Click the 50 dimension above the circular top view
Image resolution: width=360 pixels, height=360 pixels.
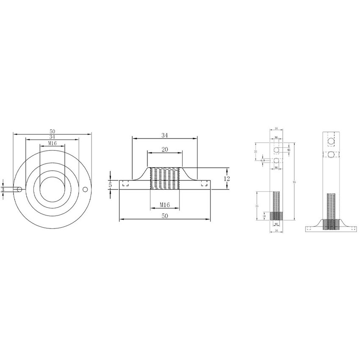point(53,132)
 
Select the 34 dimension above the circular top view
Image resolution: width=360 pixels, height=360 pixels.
point(52,137)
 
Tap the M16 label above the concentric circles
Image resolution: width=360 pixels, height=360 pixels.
point(52,144)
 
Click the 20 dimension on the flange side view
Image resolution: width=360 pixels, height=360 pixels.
point(165,149)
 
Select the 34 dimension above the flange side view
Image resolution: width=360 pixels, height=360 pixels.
point(165,136)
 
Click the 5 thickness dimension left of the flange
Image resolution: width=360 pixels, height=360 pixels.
point(110,185)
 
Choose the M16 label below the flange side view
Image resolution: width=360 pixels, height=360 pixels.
point(165,205)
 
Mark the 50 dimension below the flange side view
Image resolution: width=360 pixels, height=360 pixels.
point(165,216)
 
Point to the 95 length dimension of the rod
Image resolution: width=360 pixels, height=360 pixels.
point(294,182)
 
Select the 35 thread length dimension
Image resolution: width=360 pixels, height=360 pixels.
point(257,205)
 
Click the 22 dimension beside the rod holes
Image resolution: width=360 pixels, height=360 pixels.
point(256,151)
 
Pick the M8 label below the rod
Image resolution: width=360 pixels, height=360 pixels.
point(276,224)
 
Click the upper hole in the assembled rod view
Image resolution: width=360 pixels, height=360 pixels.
point(332,140)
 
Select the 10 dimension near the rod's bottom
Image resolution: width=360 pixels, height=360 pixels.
point(265,216)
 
